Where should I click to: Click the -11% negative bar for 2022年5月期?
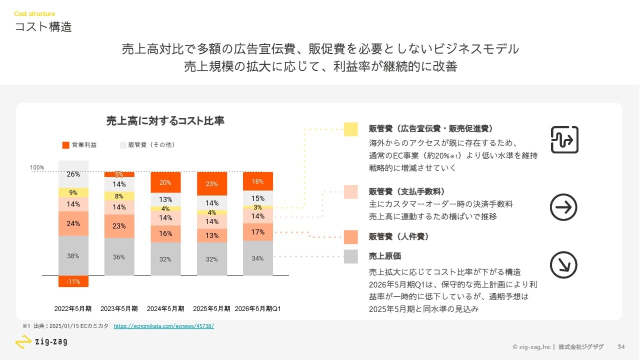point(73,281)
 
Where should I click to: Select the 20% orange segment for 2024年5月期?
point(165,182)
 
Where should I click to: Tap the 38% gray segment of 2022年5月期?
point(73,255)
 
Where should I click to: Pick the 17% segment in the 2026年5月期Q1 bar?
point(258,232)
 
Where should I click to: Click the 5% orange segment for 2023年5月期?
point(119,174)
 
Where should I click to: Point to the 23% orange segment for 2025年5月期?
point(211,183)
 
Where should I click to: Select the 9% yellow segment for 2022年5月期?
point(73,192)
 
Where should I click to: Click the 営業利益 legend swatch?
point(65,145)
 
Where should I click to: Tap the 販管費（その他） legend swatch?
point(123,145)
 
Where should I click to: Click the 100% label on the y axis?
point(37,167)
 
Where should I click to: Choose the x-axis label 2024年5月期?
point(165,308)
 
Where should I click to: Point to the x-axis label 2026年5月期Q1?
point(258,308)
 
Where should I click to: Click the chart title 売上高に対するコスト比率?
point(165,121)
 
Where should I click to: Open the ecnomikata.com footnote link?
point(164,326)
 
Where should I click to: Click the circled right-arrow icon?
point(563,207)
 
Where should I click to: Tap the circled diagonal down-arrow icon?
point(563,264)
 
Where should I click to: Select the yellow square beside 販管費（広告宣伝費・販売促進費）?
point(350,129)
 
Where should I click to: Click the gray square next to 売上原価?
point(350,256)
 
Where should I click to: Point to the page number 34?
point(621,347)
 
